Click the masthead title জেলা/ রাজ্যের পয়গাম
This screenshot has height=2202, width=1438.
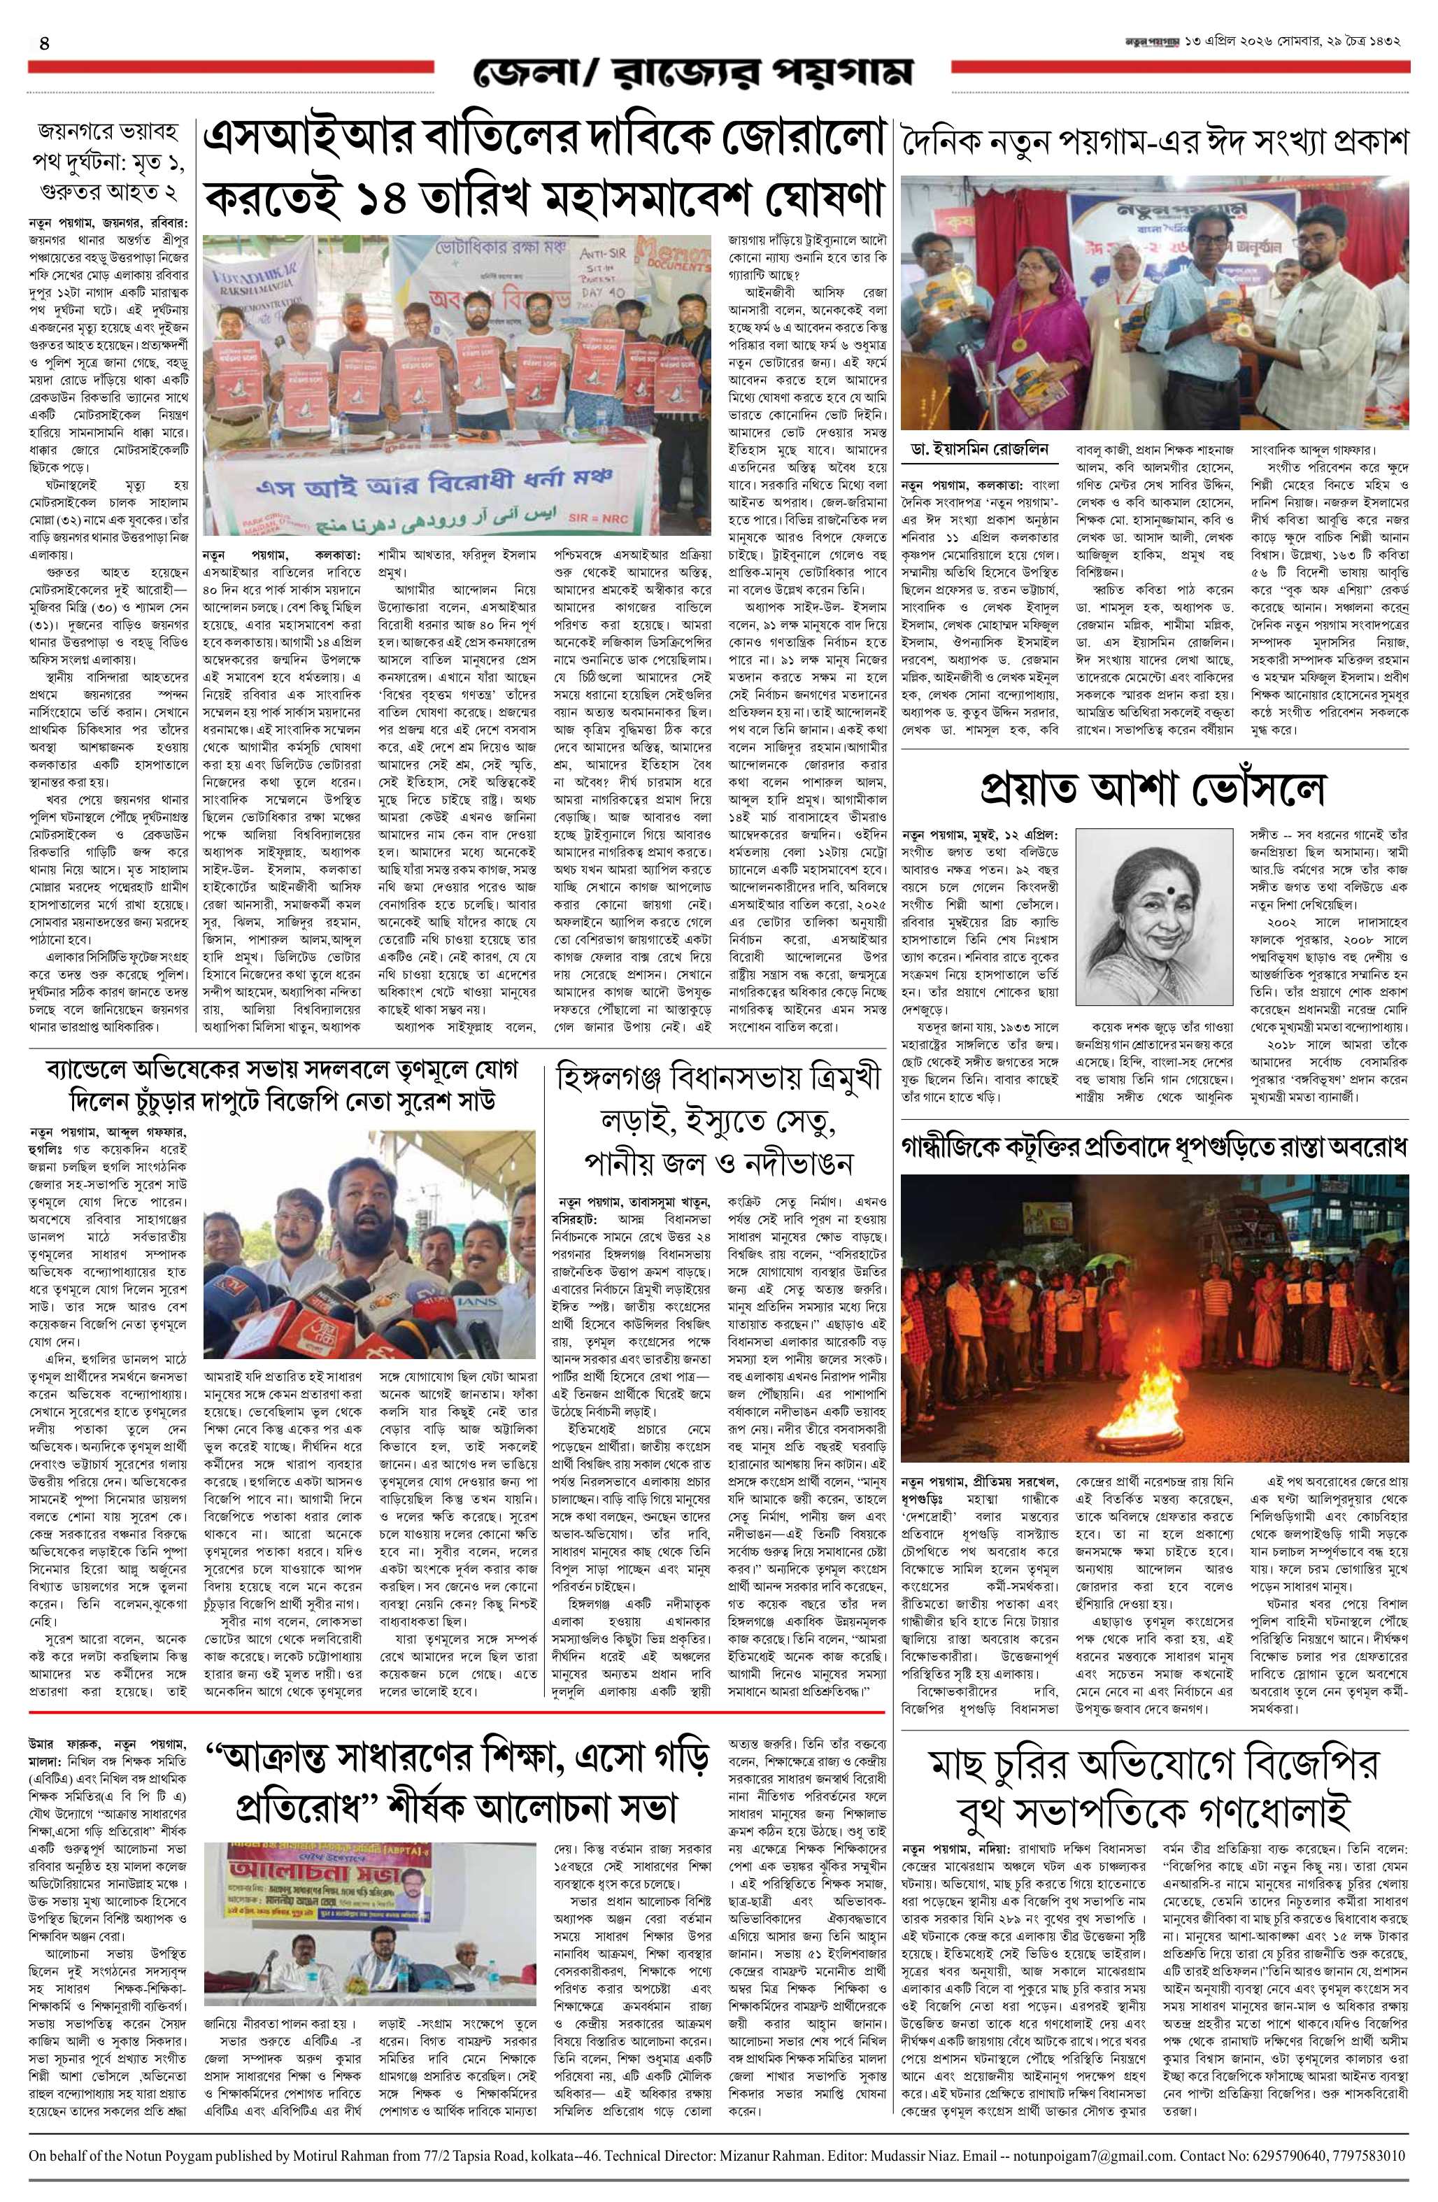(x=690, y=71)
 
